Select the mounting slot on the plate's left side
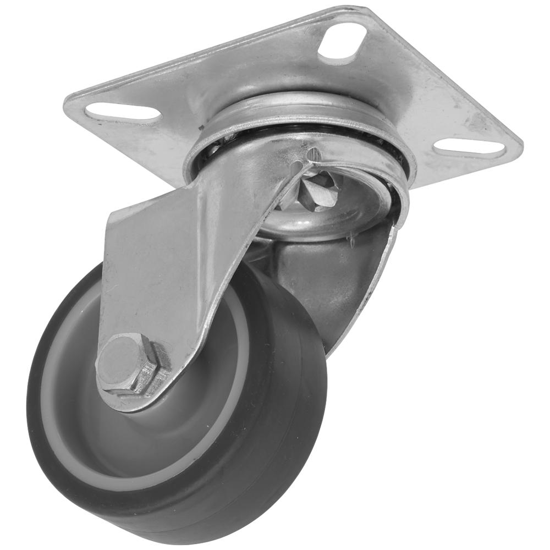tap(122, 112)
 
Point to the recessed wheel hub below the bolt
tap(165, 440)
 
